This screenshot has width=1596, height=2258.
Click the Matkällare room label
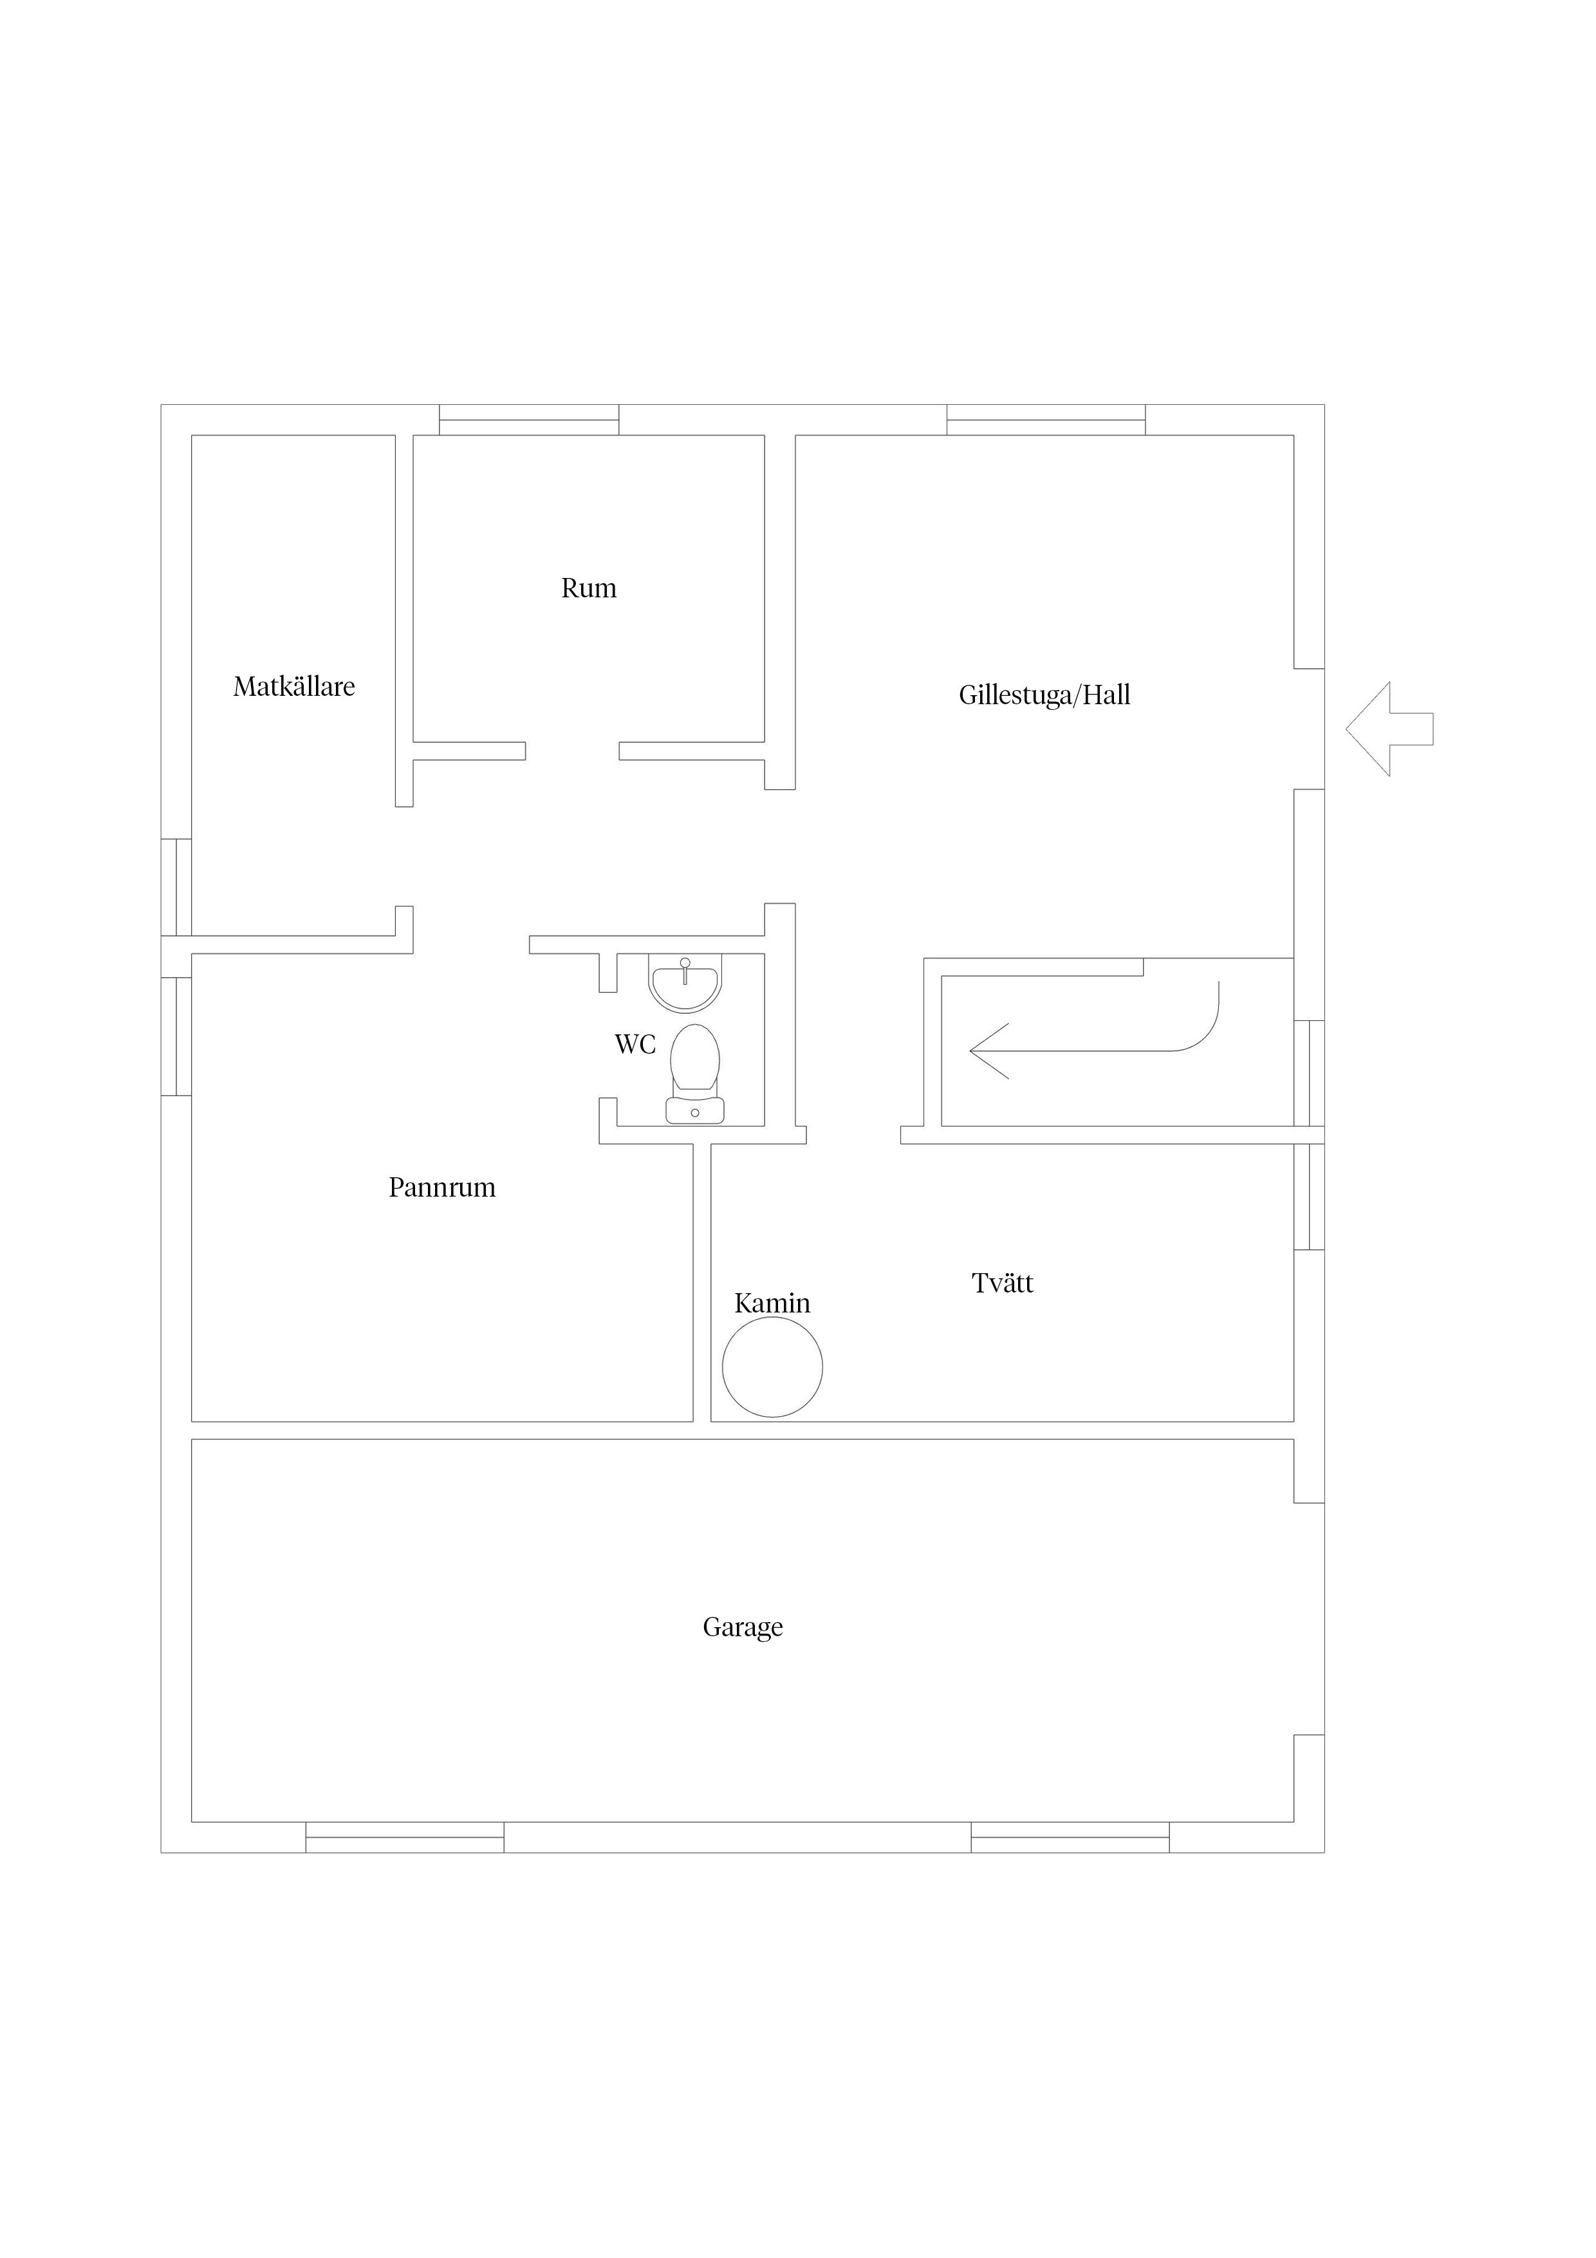tap(294, 686)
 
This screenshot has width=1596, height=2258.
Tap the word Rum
tap(589, 588)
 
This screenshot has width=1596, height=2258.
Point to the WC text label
tap(635, 1045)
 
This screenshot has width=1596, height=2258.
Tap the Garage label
tap(743, 1628)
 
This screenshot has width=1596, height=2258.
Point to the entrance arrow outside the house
tap(1389, 729)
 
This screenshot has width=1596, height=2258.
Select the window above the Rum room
tap(529, 420)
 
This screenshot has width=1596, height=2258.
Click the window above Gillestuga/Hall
tap(1046, 420)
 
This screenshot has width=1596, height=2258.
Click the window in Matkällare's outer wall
tap(176, 887)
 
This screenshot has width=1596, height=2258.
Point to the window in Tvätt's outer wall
tap(1309, 1196)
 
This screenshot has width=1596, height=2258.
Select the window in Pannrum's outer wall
tap(176, 1036)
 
